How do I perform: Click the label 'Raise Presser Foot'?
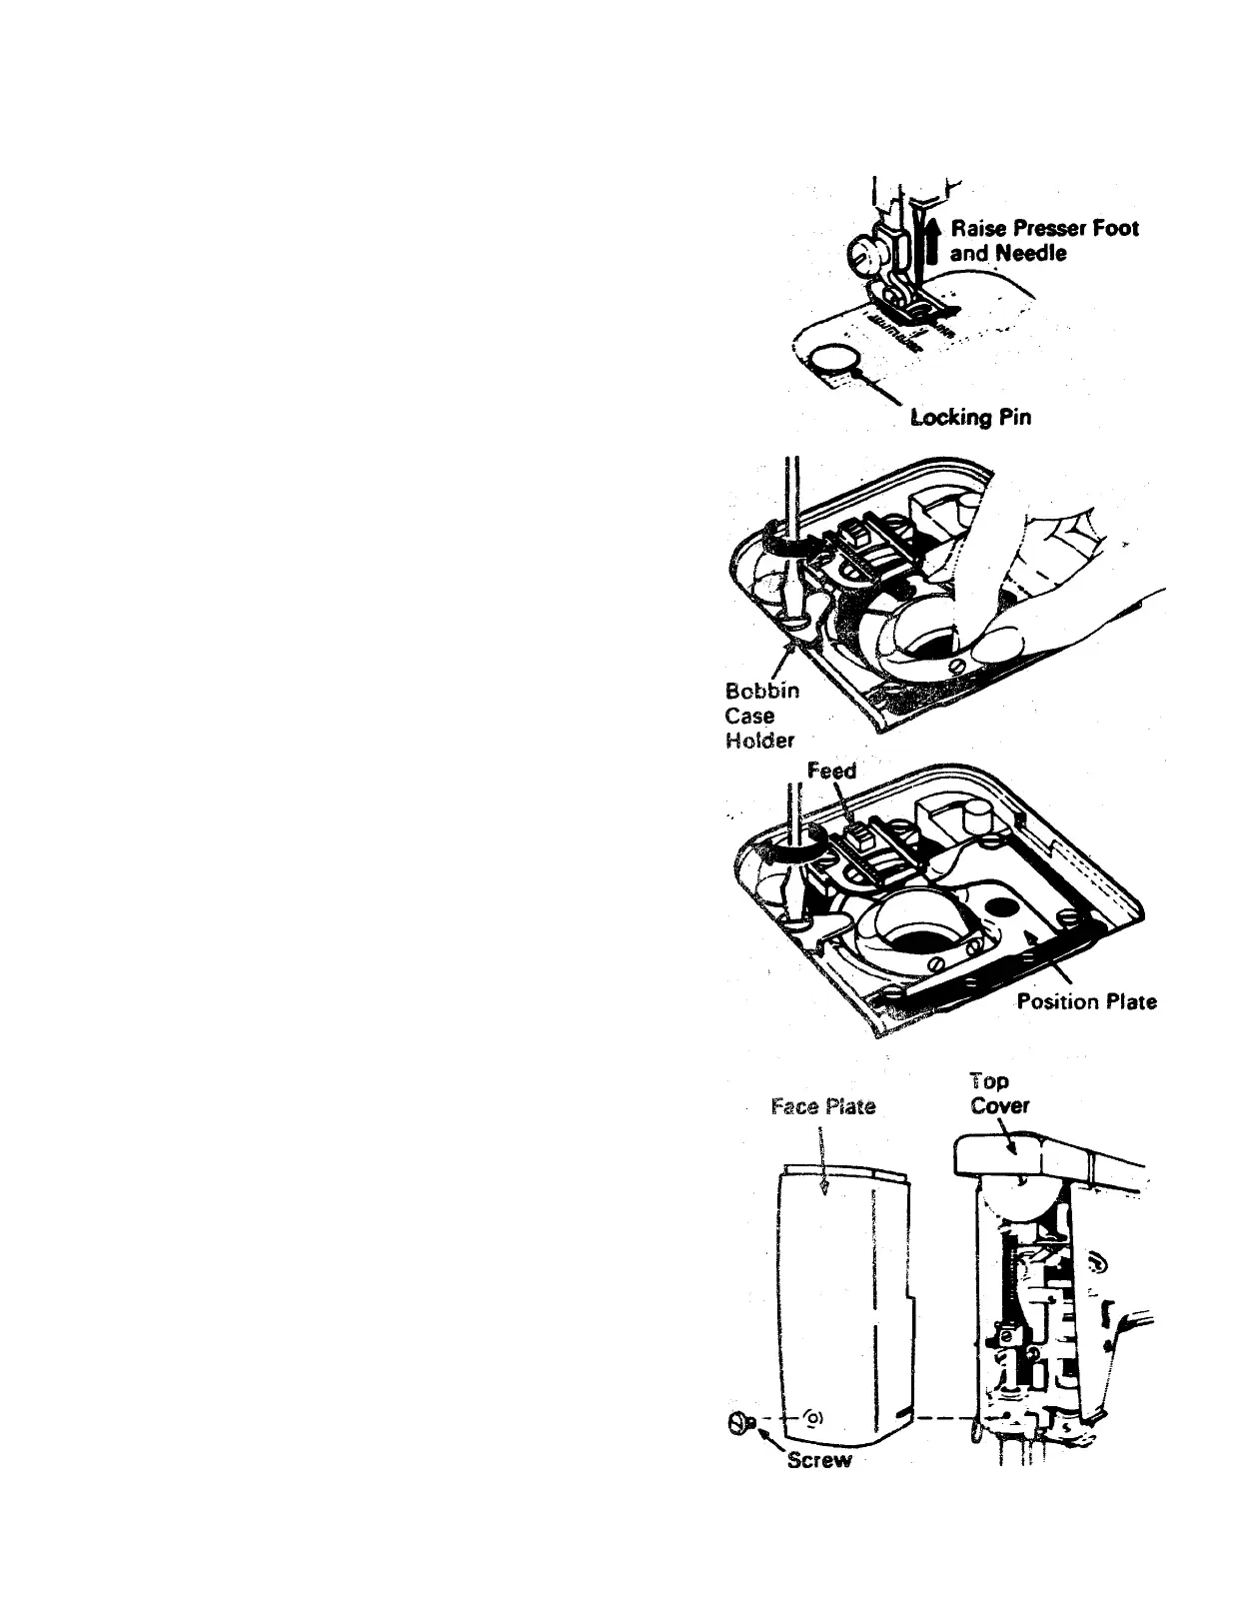click(x=1046, y=228)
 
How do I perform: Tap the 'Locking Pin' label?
click(x=970, y=417)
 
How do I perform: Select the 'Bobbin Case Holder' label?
click(x=761, y=716)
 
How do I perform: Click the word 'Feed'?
click(x=831, y=771)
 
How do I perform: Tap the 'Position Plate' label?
click(x=1086, y=1001)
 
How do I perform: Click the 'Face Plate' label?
click(x=823, y=1106)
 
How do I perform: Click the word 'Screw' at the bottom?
click(x=819, y=1460)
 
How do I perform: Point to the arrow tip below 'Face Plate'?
click(x=821, y=1186)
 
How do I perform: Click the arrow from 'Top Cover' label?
click(x=1009, y=1139)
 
